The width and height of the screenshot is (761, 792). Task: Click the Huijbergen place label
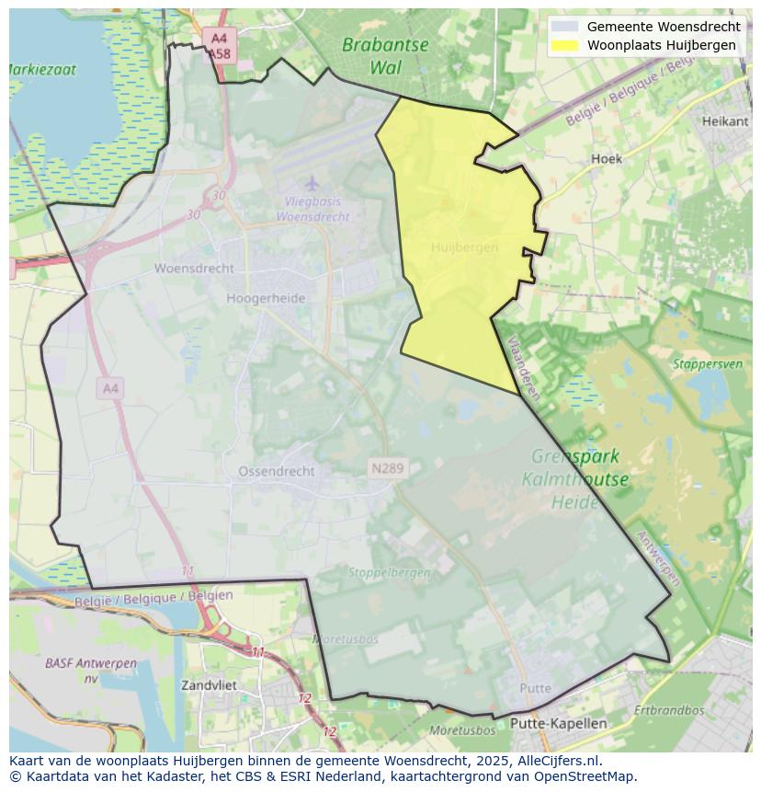[464, 247]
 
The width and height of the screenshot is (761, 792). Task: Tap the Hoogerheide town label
[266, 298]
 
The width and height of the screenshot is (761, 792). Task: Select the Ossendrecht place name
[276, 471]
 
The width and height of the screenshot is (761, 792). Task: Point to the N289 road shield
[387, 469]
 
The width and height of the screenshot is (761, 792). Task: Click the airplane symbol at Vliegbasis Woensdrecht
[312, 183]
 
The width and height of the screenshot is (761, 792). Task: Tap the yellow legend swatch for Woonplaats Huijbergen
[565, 45]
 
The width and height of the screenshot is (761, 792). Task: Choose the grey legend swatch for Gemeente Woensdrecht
[565, 27]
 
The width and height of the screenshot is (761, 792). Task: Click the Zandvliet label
[209, 685]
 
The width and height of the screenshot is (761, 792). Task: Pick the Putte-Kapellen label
[559, 723]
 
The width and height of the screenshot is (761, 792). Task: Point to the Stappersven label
[707, 363]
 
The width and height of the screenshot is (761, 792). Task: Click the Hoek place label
[606, 158]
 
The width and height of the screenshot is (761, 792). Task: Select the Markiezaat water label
[42, 69]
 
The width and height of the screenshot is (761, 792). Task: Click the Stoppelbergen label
[389, 572]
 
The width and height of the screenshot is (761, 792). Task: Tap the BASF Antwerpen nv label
[90, 671]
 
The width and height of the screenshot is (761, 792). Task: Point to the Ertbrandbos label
[668, 710]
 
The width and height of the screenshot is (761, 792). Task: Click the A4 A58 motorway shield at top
[219, 46]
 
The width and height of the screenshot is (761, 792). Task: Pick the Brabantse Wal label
[385, 55]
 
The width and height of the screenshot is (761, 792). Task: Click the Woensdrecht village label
[194, 269]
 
